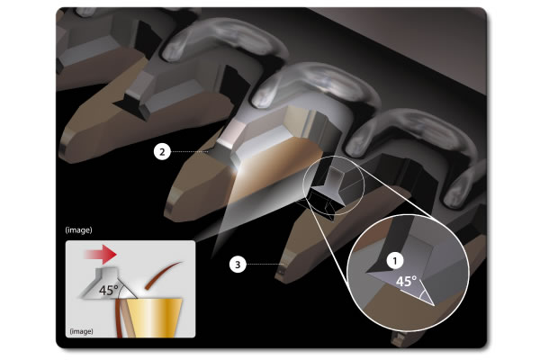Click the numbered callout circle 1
pyautogui.click(x=395, y=261)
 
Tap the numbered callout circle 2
pyautogui.click(x=162, y=151)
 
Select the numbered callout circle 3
pyautogui.click(x=238, y=265)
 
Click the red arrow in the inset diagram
pyautogui.click(x=101, y=255)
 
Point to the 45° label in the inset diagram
pyautogui.click(x=109, y=290)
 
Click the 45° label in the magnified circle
pyautogui.click(x=406, y=281)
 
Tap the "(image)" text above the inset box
pyautogui.click(x=79, y=229)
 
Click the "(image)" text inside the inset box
pyautogui.click(x=81, y=331)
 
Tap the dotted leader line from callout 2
pyautogui.click(x=190, y=151)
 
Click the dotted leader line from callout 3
pyautogui.click(x=265, y=265)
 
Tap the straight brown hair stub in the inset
pyautogui.click(x=121, y=318)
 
